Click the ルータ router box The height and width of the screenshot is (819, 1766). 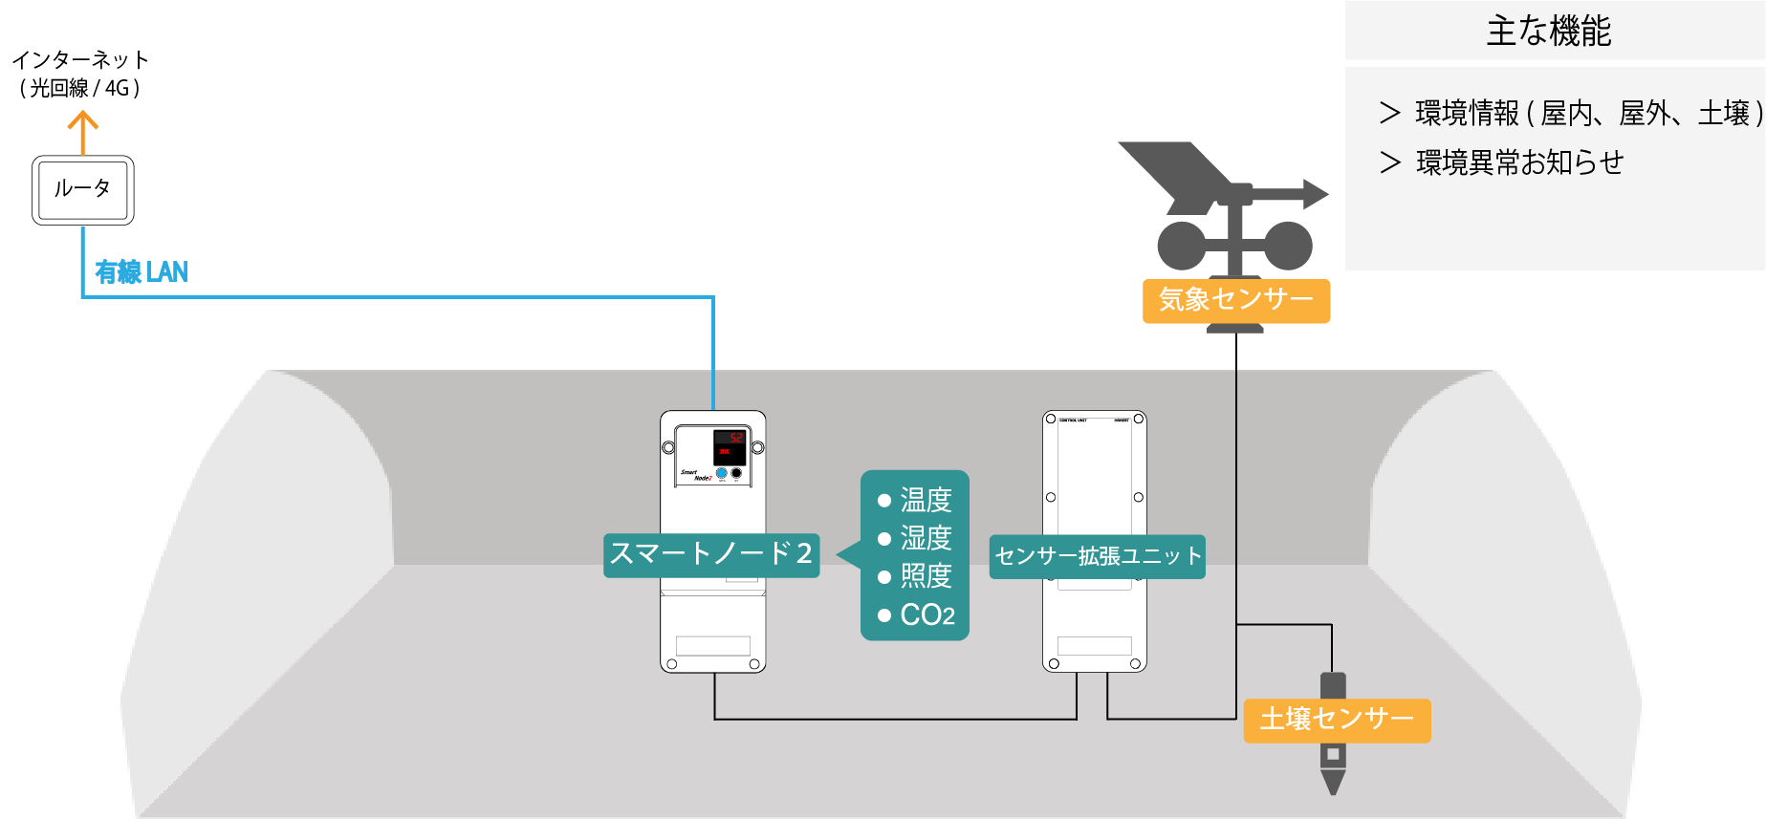click(83, 190)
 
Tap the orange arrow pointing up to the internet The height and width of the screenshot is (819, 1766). click(83, 132)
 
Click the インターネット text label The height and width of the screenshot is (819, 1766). click(80, 60)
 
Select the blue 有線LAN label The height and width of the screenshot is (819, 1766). click(142, 272)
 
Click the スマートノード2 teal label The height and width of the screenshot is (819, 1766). click(711, 554)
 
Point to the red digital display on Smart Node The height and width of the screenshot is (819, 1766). click(730, 445)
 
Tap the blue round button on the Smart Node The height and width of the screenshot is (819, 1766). click(722, 473)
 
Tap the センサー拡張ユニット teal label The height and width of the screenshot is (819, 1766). click(1098, 556)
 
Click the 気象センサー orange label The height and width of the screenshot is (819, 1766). click(1236, 300)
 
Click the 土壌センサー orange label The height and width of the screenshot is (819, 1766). click(1337, 719)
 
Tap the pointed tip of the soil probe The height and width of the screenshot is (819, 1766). click(1332, 787)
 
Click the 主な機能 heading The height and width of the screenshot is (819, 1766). click(1549, 31)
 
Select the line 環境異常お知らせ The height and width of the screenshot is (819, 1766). click(1519, 162)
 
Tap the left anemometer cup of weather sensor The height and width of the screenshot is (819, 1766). click(1182, 246)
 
